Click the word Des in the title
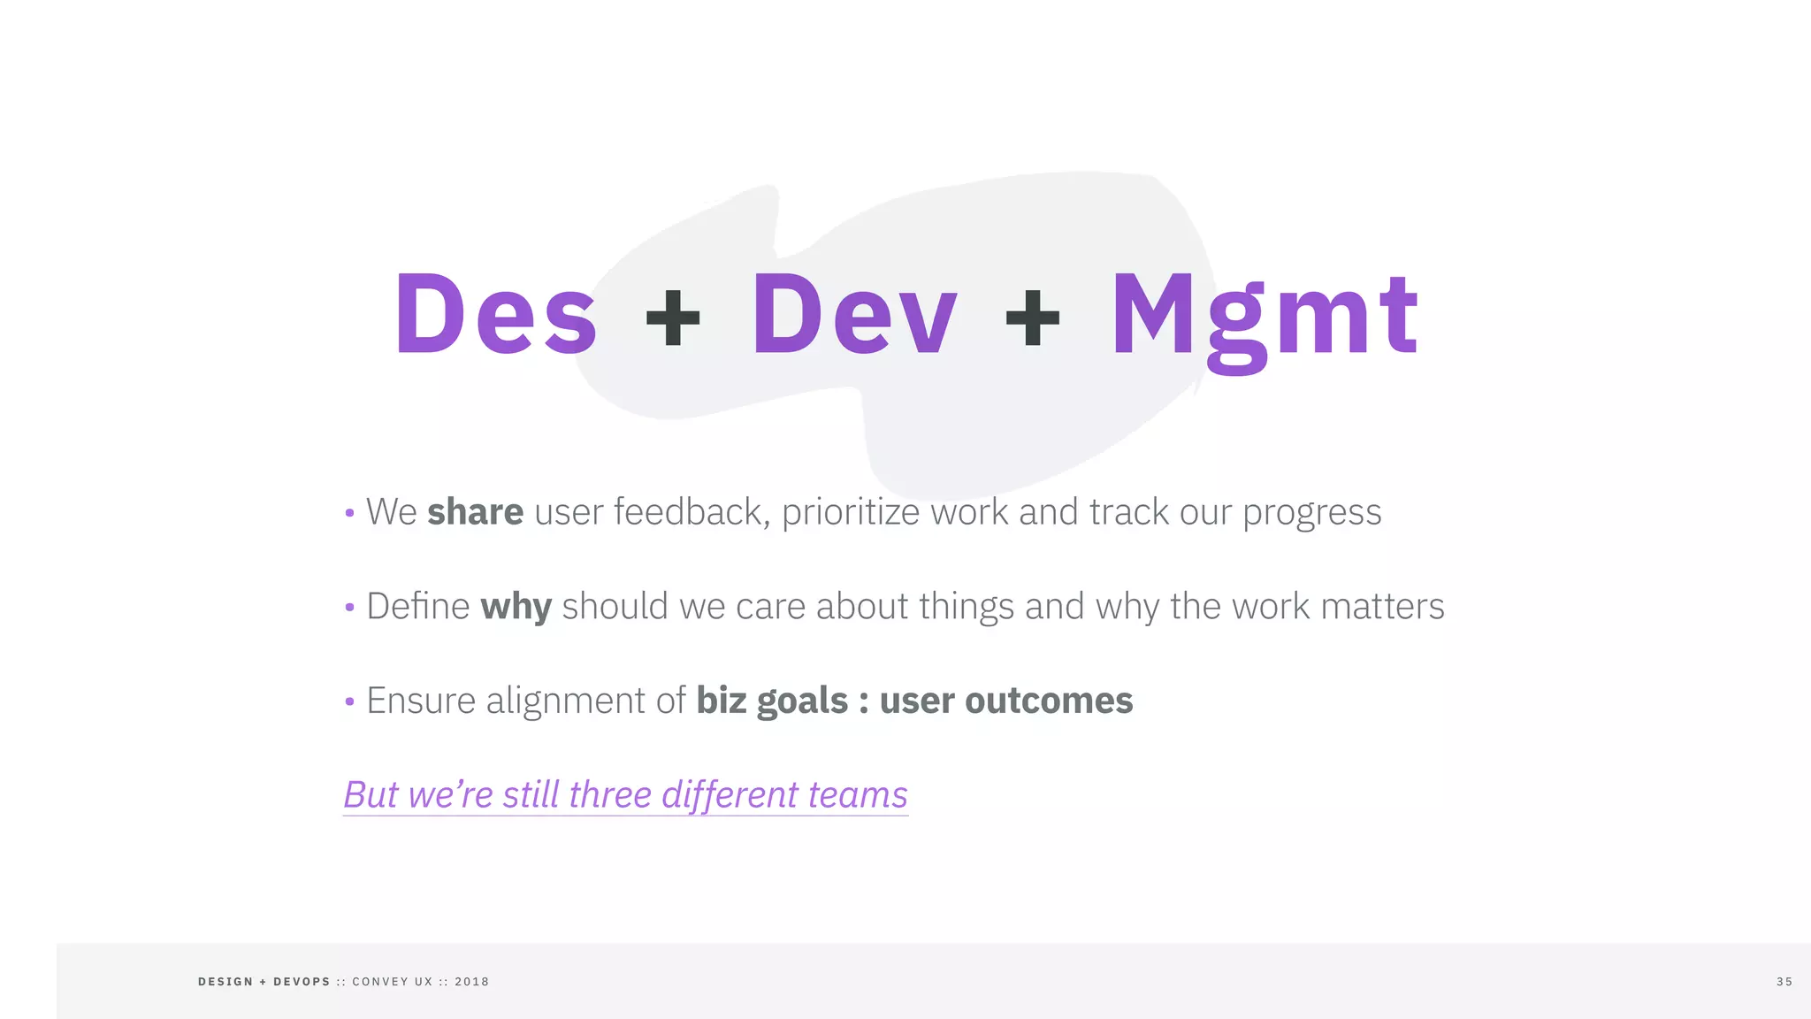pos(496,315)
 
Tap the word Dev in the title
pos(854,315)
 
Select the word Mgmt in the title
pos(1265,317)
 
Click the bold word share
pos(475,512)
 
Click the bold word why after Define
pos(516,608)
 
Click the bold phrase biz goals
pos(772,701)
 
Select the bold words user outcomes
pos(1005,701)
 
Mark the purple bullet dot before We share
pos(349,513)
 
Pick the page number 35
pos(1784,982)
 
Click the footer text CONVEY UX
pos(393,982)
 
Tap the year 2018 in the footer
pos(471,982)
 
